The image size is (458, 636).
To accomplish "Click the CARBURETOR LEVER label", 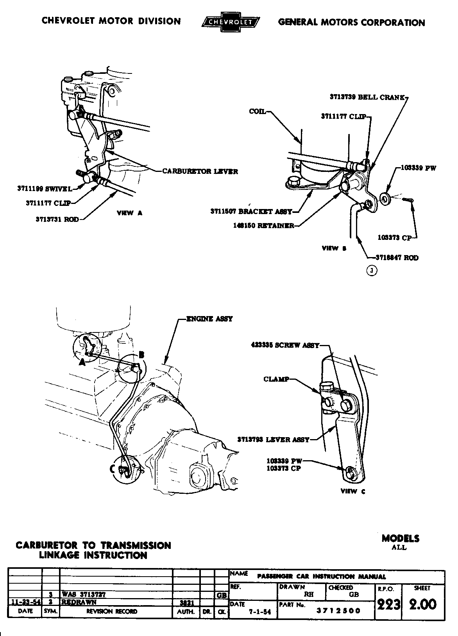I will (x=200, y=171).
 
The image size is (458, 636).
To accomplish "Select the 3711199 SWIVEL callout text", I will (x=45, y=189).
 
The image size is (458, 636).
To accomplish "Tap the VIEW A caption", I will (x=130, y=213).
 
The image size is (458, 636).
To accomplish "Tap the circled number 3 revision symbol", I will (x=372, y=270).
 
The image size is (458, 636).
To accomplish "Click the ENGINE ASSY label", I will (x=209, y=319).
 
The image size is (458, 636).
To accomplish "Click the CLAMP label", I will (x=276, y=379).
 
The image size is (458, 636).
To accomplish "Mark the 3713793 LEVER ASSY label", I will (x=273, y=439).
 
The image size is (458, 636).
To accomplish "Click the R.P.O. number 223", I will (x=388, y=605).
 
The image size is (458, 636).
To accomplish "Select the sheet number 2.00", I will (x=422, y=605).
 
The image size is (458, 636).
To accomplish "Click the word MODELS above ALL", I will (x=400, y=538).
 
